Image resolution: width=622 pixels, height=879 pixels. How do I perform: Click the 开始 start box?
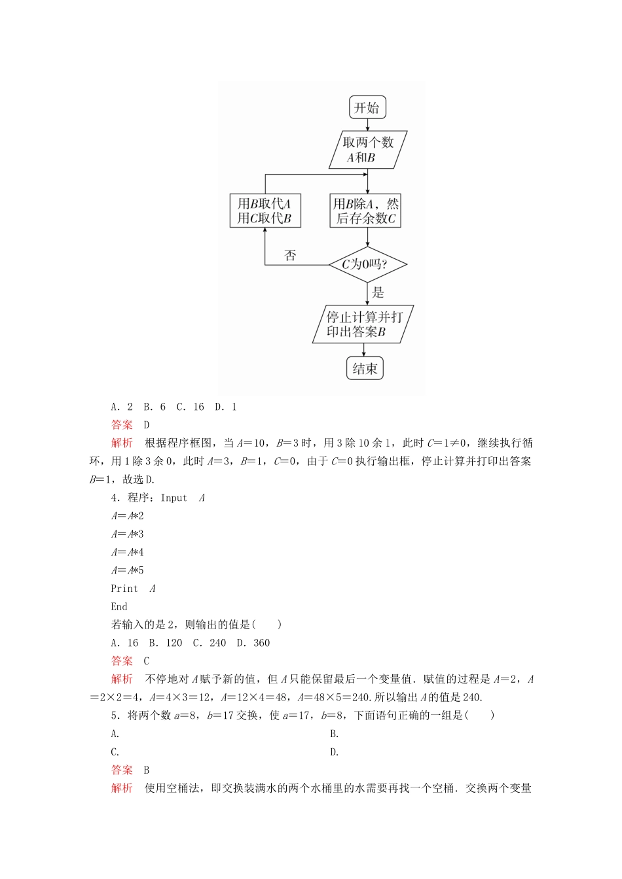tap(367, 108)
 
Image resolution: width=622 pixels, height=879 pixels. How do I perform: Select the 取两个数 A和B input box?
tap(367, 150)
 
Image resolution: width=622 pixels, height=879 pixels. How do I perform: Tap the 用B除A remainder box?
tap(365, 211)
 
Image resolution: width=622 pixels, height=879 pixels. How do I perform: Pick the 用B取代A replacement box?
tap(265, 211)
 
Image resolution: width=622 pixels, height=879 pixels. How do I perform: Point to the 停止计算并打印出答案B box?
tap(363, 324)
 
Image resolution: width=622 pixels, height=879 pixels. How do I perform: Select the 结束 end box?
tap(365, 368)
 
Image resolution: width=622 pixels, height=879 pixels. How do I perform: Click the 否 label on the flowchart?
tap(290, 256)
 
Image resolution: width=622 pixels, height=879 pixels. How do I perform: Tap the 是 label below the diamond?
tap(378, 293)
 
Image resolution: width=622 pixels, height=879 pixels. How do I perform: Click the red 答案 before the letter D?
tap(122, 424)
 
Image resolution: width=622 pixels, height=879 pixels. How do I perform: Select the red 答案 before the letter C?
tap(122, 661)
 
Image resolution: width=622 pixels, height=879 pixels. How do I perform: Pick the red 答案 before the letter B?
tap(122, 770)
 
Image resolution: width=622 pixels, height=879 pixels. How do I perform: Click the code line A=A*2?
tap(127, 515)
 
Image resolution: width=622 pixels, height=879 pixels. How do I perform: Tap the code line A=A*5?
tap(127, 570)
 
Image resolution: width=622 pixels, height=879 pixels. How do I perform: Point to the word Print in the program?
tap(124, 588)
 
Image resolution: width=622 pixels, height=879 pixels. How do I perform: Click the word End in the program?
tap(119, 606)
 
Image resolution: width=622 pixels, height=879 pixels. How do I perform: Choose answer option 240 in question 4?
tap(217, 643)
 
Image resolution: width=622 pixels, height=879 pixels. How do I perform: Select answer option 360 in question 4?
tap(261, 643)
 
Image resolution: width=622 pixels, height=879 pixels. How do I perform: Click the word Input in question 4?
tap(174, 498)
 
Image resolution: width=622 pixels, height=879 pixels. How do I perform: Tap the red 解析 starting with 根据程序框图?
tap(122, 443)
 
